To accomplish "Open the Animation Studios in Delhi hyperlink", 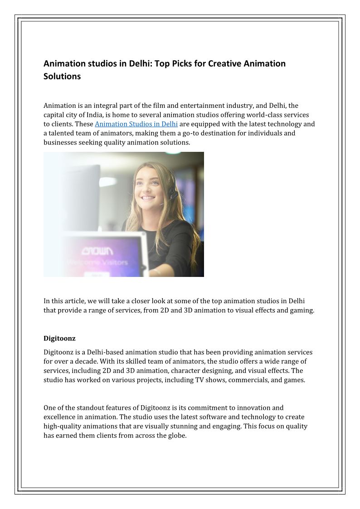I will pyautogui.click(x=136, y=124).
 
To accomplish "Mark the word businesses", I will pyautogui.click(x=60, y=142).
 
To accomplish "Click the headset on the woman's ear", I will pyautogui.click(x=172, y=190).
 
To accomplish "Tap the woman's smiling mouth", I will pyautogui.click(x=148, y=198).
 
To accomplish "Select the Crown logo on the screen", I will pyautogui.click(x=97, y=251).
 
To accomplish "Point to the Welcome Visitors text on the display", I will pyautogui.click(x=97, y=262).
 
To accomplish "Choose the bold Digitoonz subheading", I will pyautogui.click(x=59, y=338).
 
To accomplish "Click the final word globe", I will pyautogui.click(x=177, y=436).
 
